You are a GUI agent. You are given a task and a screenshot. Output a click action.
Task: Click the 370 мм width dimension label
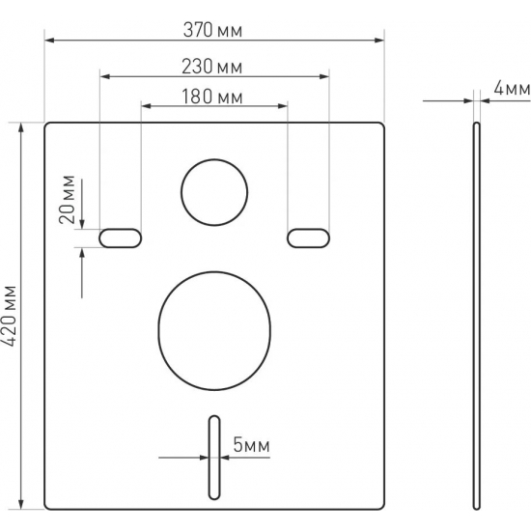coord(212,30)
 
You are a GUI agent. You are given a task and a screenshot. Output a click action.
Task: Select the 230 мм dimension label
coord(212,67)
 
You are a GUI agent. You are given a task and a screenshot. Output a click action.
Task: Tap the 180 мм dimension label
coord(212,97)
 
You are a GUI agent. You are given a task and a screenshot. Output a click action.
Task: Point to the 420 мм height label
coord(10,316)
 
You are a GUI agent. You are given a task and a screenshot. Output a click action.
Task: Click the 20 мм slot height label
coord(67,200)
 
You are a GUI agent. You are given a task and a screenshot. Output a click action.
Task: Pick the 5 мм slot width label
coord(251,445)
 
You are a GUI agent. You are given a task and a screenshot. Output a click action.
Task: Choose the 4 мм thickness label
coord(512,89)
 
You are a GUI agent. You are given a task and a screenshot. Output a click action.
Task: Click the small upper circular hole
coord(214,192)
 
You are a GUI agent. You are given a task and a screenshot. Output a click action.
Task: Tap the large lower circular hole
coord(214,331)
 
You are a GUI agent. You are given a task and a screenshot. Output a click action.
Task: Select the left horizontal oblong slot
coord(121,238)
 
